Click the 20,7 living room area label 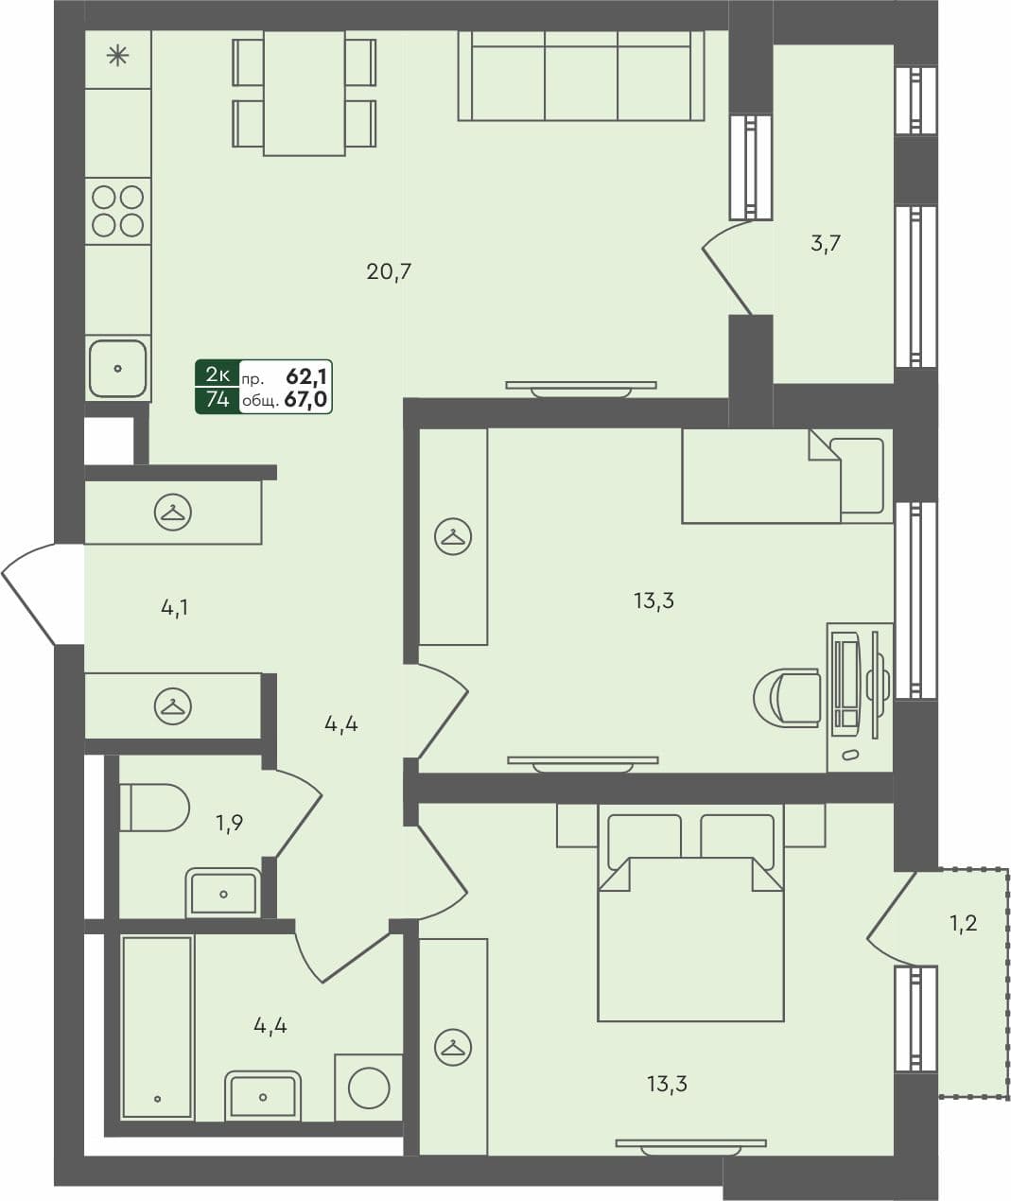pos(389,272)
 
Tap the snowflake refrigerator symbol pos(118,57)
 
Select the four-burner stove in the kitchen pos(118,211)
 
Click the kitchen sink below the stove pos(118,368)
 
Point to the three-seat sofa pos(581,76)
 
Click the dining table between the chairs pos(304,93)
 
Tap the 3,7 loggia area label pos(826,243)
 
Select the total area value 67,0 pos(305,400)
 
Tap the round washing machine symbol pos(369,1088)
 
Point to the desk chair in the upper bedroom pos(790,698)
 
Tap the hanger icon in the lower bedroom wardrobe pos(453,1047)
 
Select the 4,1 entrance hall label pos(174,608)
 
